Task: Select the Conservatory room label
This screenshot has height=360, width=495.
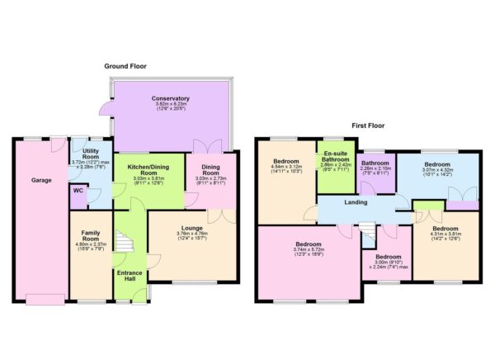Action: tap(171, 98)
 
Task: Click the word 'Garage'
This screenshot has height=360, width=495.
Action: tap(42, 180)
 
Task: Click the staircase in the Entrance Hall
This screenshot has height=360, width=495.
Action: tap(123, 243)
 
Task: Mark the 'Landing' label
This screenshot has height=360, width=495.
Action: tap(356, 202)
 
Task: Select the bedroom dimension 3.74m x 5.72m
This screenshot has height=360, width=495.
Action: tap(308, 251)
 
